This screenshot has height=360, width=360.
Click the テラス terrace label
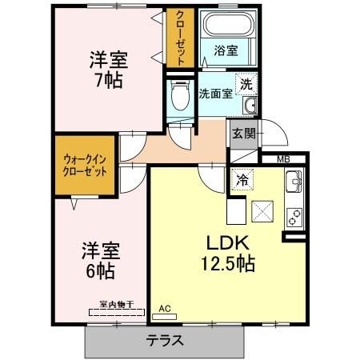coord(166,339)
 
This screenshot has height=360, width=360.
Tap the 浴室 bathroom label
coord(225,50)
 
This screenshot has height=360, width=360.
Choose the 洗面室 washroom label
coord(215,93)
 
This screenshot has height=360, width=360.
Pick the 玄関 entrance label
coord(244,134)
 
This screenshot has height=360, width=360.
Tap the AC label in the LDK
coord(166,308)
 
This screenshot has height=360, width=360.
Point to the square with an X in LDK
coord(263,212)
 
